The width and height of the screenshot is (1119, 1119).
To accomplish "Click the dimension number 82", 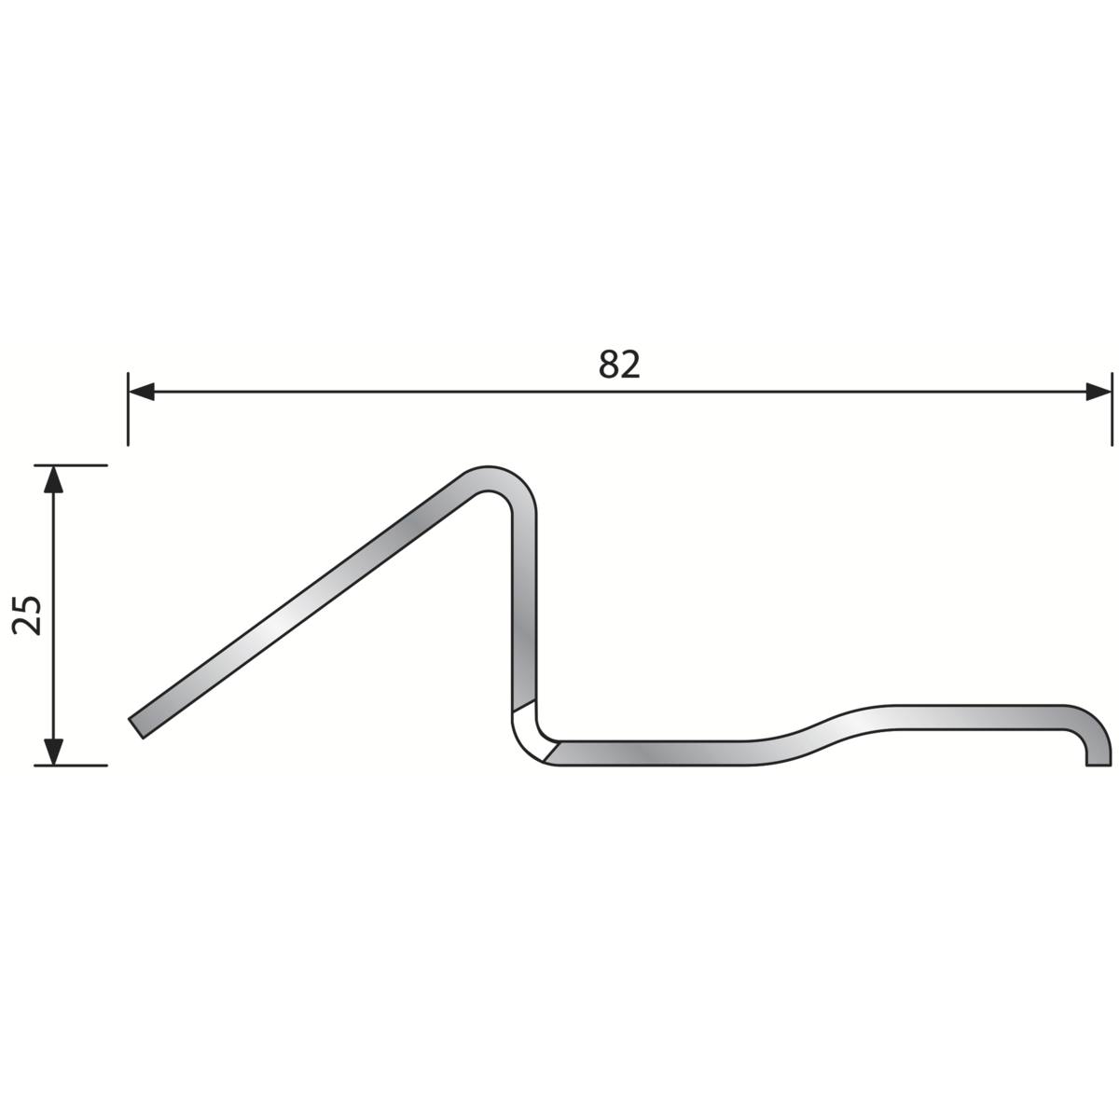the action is click(x=619, y=364).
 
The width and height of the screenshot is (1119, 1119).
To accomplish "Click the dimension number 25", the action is click(x=27, y=615).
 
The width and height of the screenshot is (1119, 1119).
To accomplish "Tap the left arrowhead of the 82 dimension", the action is click(x=141, y=392).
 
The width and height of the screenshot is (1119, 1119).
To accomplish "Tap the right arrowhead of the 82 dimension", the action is click(x=1098, y=392).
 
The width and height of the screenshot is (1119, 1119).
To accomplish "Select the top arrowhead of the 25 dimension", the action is click(x=53, y=479).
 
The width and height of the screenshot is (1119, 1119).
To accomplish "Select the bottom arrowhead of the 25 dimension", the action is click(x=53, y=752).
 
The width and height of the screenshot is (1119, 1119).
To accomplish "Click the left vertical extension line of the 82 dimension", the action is click(x=128, y=408).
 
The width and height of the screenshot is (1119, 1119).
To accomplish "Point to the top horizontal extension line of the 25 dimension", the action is click(x=71, y=465).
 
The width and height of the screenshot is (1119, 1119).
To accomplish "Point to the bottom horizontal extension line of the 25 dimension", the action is click(x=71, y=766).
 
